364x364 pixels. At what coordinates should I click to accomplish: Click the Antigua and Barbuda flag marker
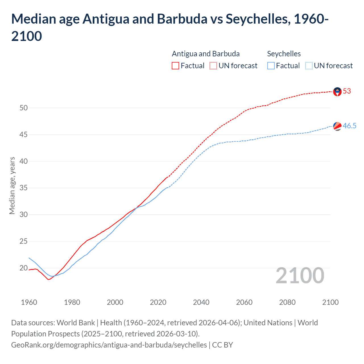pyautogui.click(x=337, y=92)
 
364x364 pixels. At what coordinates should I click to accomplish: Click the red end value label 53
pyautogui.click(x=347, y=91)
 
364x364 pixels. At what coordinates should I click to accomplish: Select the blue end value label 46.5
pyautogui.click(x=349, y=126)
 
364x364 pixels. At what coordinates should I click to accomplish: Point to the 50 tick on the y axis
pyautogui.click(x=24, y=108)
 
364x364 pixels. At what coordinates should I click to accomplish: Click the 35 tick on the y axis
pyautogui.click(x=24, y=188)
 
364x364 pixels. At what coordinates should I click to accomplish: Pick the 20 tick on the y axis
pyautogui.click(x=24, y=268)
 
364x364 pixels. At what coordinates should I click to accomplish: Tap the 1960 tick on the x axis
pyautogui.click(x=29, y=302)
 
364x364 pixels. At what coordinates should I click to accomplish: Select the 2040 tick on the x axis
pyautogui.click(x=201, y=302)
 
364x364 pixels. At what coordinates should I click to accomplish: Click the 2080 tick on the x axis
pyautogui.click(x=287, y=302)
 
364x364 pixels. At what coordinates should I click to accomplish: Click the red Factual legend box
pyautogui.click(x=175, y=66)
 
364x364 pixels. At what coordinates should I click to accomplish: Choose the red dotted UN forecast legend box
pyautogui.click(x=213, y=66)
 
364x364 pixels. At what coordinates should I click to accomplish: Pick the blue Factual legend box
pyautogui.click(x=271, y=66)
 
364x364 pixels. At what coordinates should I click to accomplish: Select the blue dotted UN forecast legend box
pyautogui.click(x=309, y=66)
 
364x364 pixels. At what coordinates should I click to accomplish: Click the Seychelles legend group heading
pyautogui.click(x=284, y=54)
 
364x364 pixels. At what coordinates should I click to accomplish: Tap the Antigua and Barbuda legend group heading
pyautogui.click(x=206, y=54)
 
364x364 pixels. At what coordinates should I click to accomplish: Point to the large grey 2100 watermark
pyautogui.click(x=300, y=275)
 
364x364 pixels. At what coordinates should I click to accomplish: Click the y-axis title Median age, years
pyautogui.click(x=12, y=185)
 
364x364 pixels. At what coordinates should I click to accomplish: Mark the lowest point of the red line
pyautogui.click(x=48, y=280)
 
